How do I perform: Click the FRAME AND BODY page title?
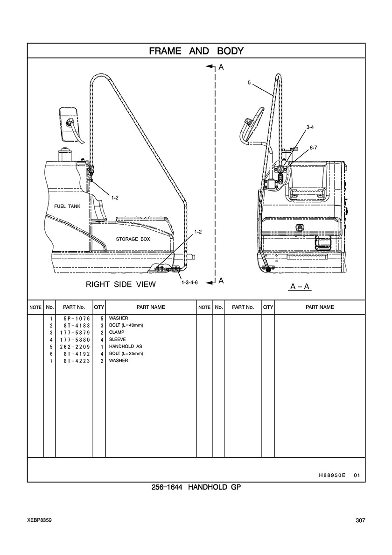point(196,51)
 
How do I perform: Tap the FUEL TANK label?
point(68,206)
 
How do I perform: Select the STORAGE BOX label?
point(133,239)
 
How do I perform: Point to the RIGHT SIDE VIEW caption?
point(121,284)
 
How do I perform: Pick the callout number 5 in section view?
point(249,82)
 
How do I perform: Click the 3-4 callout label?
point(310,127)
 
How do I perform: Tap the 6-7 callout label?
point(313,148)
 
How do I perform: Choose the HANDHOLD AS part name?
point(126,347)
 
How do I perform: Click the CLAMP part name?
point(117,332)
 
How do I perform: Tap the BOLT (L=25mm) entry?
point(126,354)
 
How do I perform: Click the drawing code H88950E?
point(332,475)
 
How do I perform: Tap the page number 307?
point(360,521)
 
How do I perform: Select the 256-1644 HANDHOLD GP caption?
point(196,487)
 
